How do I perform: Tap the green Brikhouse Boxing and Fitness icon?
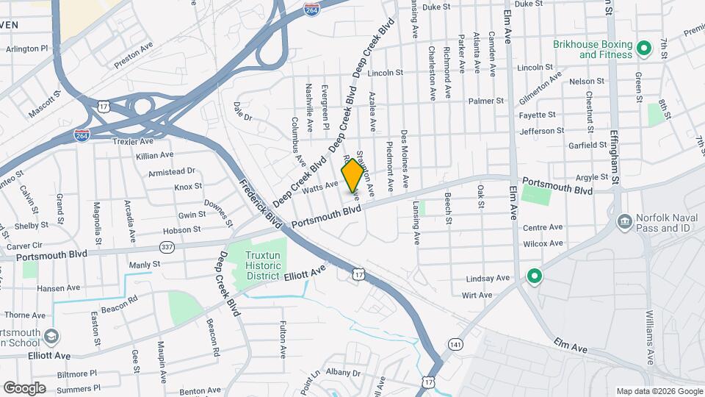(644, 49)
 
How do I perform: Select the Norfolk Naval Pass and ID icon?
(624, 221)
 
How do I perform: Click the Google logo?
(24, 388)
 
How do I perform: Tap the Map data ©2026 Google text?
(658, 390)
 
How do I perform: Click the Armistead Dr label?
(172, 171)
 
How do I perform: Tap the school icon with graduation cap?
(51, 337)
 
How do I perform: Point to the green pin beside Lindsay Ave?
(535, 276)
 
